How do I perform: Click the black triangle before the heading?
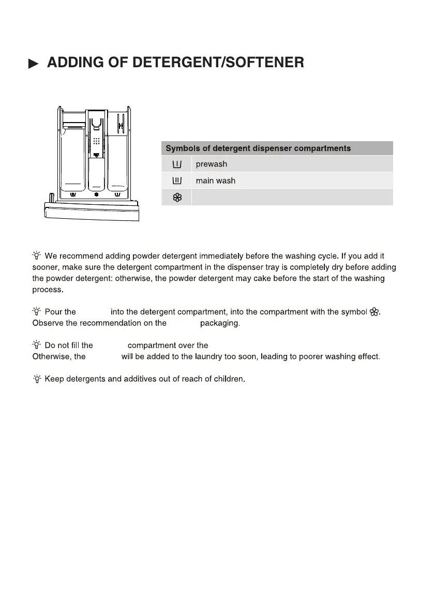pos(33,64)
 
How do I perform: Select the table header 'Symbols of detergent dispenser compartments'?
pos(258,148)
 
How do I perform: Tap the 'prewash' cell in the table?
pos(212,164)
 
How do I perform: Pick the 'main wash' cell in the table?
pos(215,181)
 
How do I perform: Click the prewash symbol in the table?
pos(176,164)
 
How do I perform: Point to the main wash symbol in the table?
pos(176,181)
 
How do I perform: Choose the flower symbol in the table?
pos(176,197)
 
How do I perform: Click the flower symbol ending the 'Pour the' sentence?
pos(375,312)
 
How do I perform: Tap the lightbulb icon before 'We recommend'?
pos(37,256)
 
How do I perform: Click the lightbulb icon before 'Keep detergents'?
pos(37,379)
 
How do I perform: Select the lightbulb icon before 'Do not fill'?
pos(37,345)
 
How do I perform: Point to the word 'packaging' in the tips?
pos(219,323)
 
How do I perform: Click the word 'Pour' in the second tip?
pos(53,312)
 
